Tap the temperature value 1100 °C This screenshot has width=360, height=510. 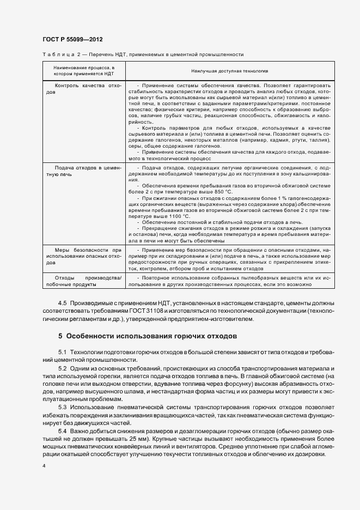pyautogui.click(x=157, y=216)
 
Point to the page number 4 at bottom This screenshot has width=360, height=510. pyautogui.click(x=44, y=466)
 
